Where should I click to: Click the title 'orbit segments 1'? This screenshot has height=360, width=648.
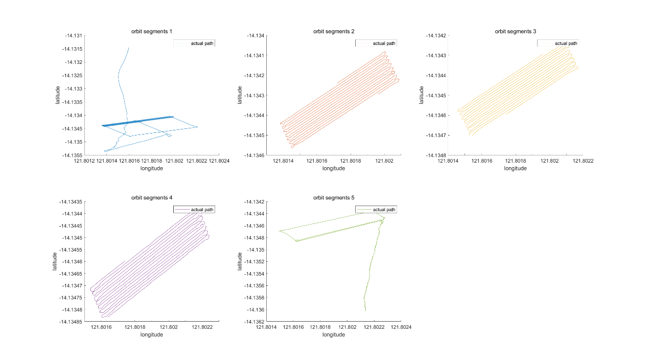coord(152,31)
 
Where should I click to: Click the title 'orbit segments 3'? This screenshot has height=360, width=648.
coord(516,31)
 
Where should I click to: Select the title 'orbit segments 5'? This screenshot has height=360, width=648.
coord(334,197)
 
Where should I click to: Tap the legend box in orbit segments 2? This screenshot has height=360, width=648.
coord(376,43)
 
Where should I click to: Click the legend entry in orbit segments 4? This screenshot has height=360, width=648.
coord(194,210)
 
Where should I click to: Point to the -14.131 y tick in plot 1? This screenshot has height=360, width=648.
coord(73,36)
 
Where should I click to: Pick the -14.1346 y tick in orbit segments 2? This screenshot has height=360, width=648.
coord(254,155)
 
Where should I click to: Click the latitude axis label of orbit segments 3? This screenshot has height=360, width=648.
coord(421,95)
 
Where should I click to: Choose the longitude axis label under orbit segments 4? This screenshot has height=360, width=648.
coord(152,334)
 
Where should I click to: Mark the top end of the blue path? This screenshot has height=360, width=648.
coord(128,48)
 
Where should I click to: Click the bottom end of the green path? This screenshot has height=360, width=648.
coord(366,310)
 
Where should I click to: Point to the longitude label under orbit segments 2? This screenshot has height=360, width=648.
coord(334,168)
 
